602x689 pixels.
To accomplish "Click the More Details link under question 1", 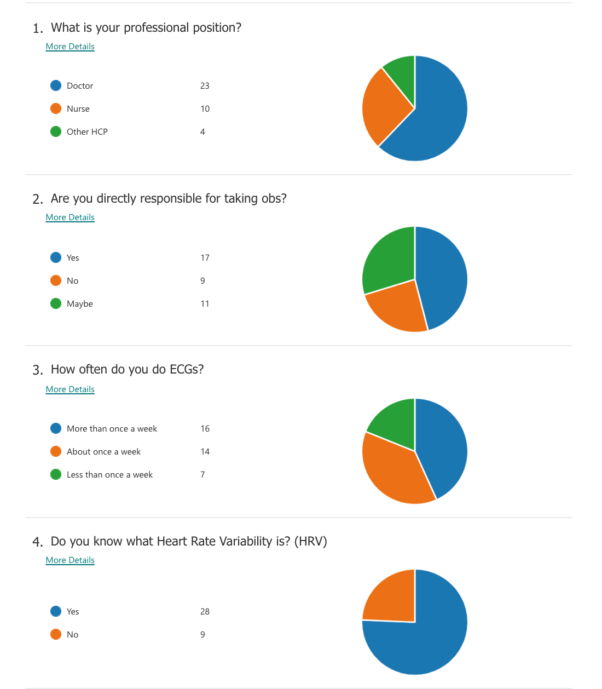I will tap(70, 47).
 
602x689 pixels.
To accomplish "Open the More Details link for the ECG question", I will tap(70, 389).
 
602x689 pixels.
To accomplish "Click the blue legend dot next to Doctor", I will tap(56, 85).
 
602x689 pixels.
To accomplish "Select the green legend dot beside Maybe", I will tap(56, 303).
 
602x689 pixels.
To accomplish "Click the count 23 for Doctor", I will tap(205, 86).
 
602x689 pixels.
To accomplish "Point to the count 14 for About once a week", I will tap(205, 452).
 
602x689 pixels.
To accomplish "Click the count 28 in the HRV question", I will tap(205, 612).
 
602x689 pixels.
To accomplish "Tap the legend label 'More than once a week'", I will tap(112, 429).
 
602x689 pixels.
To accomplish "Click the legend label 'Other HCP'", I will tap(87, 132).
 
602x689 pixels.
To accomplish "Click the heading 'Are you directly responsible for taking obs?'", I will tap(169, 198).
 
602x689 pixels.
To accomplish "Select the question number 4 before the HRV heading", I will tap(37, 542).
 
